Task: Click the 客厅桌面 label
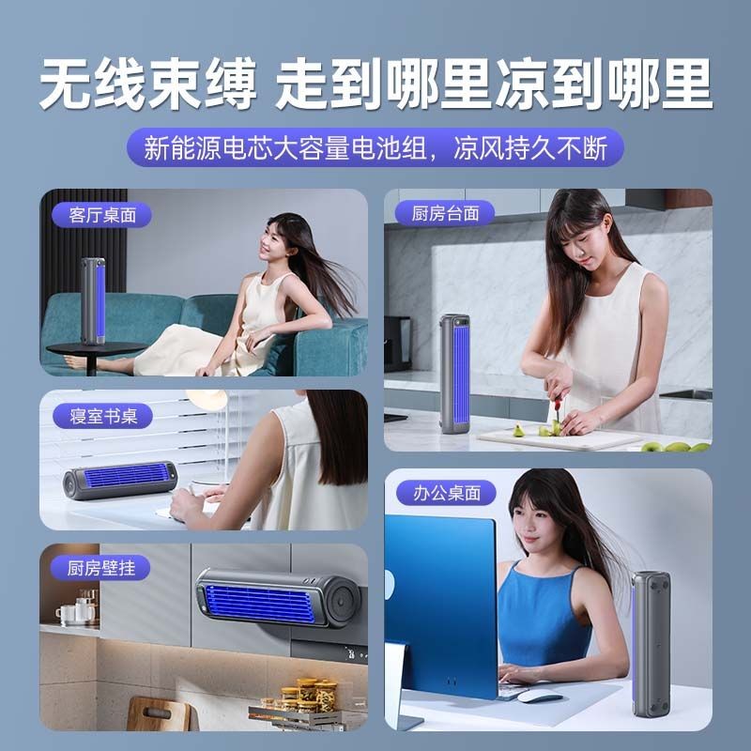point(102,215)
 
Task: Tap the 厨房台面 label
point(445,213)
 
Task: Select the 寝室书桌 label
point(102,416)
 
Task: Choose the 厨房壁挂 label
point(100,568)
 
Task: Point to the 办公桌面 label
point(447,492)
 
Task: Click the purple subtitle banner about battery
point(375,147)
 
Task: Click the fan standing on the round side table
point(93,300)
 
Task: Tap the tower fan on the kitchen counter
point(454,374)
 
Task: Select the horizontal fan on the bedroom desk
point(120,481)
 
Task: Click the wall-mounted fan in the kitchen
point(278,597)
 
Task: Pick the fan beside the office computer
point(651,644)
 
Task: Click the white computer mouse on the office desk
point(540,696)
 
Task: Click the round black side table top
point(97,348)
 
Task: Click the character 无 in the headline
point(66,84)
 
